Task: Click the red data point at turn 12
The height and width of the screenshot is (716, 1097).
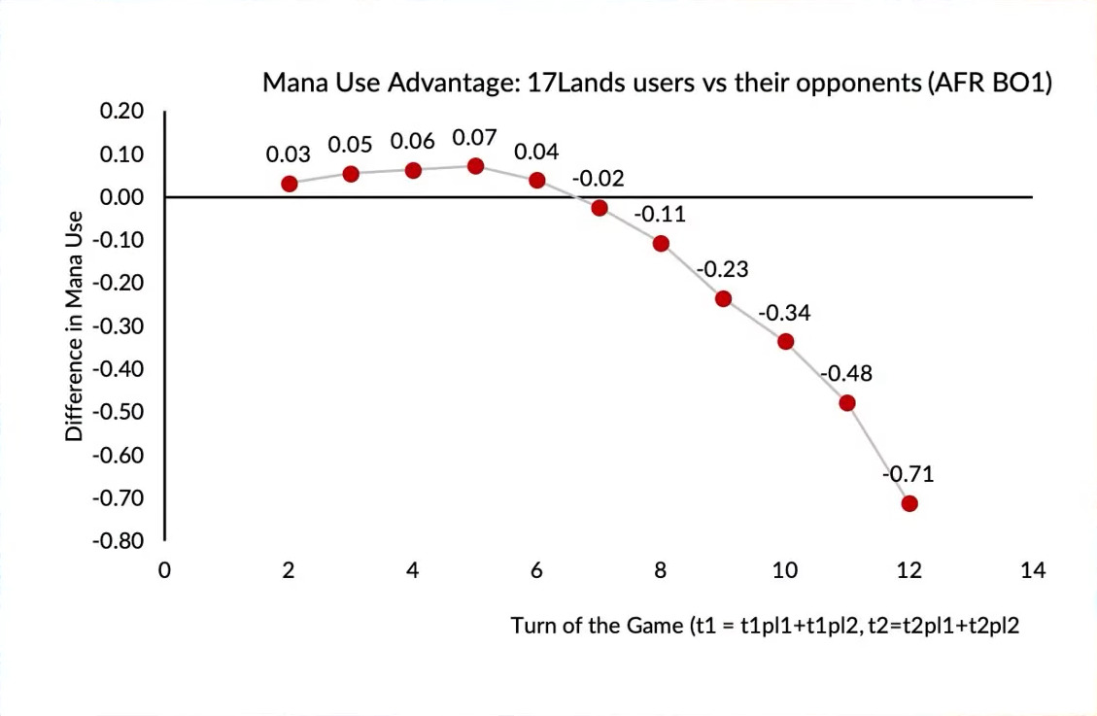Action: click(909, 503)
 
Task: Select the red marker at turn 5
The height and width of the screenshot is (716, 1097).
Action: click(475, 166)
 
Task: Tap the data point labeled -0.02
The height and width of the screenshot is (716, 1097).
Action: click(600, 208)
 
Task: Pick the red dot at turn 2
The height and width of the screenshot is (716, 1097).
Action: click(289, 184)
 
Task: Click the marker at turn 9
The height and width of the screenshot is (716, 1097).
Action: click(723, 298)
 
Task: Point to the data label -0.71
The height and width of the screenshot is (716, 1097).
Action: click(908, 475)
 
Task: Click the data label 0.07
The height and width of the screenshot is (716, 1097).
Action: click(475, 138)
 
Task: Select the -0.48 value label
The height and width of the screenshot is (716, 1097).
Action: click(846, 374)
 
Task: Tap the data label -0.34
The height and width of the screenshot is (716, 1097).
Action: click(784, 313)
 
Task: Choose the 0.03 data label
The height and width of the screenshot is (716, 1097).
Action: click(289, 154)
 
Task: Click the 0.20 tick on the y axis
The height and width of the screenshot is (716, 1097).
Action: click(121, 112)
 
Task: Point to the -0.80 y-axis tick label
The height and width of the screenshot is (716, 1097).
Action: click(118, 541)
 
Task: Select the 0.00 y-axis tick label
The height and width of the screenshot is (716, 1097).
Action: click(121, 197)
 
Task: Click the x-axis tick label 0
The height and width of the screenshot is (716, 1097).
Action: click(165, 570)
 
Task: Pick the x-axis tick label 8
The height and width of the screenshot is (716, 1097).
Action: click(661, 570)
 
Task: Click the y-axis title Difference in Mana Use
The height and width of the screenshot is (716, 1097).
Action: click(74, 326)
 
